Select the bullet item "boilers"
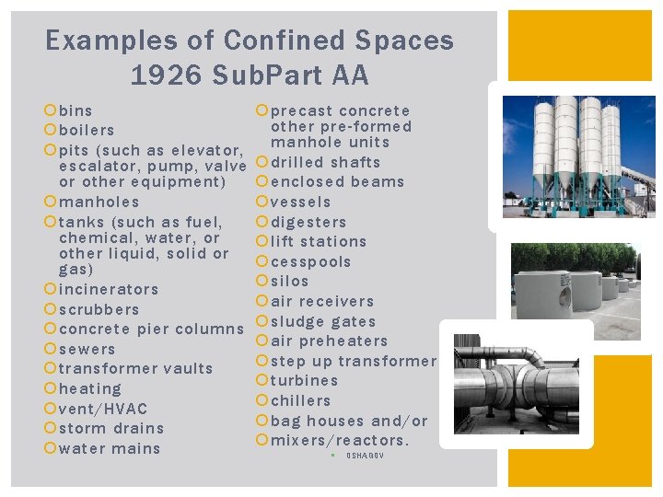tap(87, 131)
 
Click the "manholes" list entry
tap(99, 202)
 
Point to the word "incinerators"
tap(109, 290)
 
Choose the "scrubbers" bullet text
tap(99, 310)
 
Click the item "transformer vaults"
tap(135, 369)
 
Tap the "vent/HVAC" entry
tap(102, 409)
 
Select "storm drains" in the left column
tap(111, 429)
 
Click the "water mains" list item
tap(110, 449)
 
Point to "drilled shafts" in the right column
tap(325, 163)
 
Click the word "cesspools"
tap(311, 262)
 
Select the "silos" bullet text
tap(290, 282)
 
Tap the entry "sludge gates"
tap(323, 322)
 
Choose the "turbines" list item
tap(305, 381)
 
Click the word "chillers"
tap(301, 401)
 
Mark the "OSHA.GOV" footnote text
tap(365, 457)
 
